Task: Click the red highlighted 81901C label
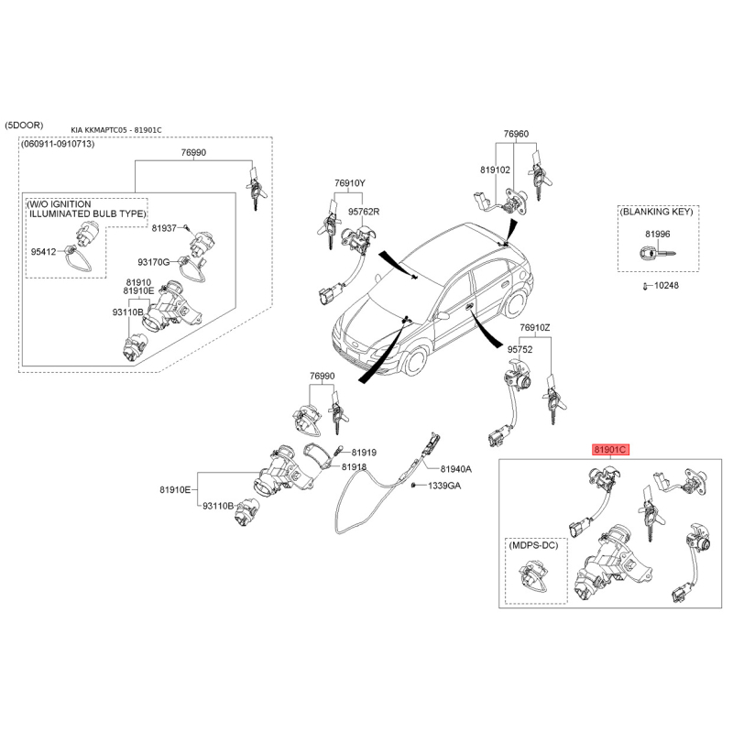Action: [610, 450]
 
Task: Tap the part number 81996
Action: [657, 235]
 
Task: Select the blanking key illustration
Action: [657, 255]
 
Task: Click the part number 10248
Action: [666, 285]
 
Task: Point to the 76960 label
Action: [516, 134]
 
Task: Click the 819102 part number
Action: [495, 170]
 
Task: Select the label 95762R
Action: [364, 212]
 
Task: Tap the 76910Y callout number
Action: [350, 183]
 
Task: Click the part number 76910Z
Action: [535, 328]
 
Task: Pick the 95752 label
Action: [520, 349]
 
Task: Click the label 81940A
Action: [455, 469]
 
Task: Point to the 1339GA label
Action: [444, 486]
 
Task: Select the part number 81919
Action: [364, 453]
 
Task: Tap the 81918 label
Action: [354, 467]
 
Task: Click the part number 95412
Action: [43, 251]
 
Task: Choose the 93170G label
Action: [153, 262]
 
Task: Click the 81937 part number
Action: [164, 228]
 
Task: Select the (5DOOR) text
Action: [24, 126]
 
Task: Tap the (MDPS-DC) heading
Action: [533, 545]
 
